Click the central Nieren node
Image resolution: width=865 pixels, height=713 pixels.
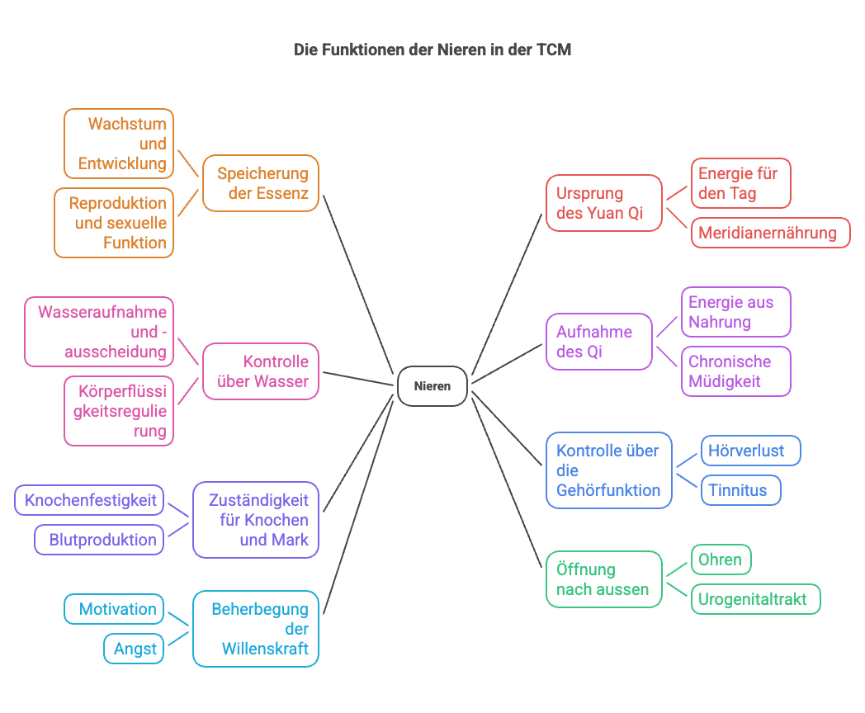432,386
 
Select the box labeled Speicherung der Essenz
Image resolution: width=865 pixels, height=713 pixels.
261,183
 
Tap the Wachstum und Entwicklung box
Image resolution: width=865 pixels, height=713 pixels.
119,144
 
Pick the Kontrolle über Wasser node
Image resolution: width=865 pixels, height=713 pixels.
261,371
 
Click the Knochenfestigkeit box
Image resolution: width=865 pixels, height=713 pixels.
90,500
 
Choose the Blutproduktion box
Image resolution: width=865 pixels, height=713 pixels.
100,540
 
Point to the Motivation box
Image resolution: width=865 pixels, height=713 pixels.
115,609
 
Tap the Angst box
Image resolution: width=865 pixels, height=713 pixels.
135,649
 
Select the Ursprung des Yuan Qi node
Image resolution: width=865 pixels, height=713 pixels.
604,203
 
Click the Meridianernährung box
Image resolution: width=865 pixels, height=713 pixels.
770,233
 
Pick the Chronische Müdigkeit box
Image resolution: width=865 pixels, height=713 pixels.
735,371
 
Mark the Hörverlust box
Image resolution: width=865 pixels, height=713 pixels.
750,451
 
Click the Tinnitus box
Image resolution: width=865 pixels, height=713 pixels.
740,490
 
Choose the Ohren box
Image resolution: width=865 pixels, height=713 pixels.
721,560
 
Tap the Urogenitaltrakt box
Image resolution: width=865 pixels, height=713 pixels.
755,599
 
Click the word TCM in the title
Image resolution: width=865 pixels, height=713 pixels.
553,50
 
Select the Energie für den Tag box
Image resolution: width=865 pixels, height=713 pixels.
740,183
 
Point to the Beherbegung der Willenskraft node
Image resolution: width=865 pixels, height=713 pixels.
256,629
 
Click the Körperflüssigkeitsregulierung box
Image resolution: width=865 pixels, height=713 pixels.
119,411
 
